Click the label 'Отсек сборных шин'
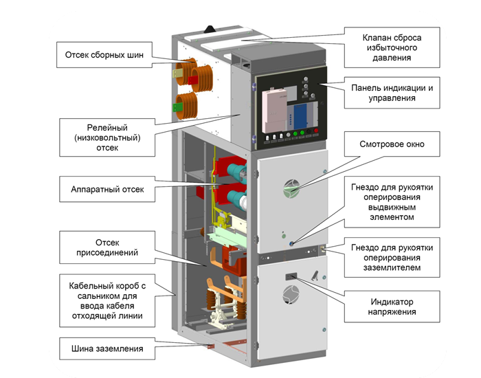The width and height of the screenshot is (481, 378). coord(104,55)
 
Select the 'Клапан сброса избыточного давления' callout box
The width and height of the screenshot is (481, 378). coord(392,47)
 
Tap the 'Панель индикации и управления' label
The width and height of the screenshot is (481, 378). coord(392,93)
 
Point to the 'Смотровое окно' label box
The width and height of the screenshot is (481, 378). coord(392,144)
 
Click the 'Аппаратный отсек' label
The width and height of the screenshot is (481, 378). coord(107,189)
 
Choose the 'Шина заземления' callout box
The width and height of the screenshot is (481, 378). coord(107,349)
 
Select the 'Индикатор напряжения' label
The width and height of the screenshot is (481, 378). coord(392,307)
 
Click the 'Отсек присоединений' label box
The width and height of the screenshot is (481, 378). coord(107,247)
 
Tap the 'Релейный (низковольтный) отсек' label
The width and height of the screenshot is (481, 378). coord(107,137)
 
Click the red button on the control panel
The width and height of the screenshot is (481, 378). coord(315,131)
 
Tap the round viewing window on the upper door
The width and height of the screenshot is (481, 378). coord(291,189)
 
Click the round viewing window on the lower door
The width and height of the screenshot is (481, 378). coord(291,295)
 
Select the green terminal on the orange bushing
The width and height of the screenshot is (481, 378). coord(177,107)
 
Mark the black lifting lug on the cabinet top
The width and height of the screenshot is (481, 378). coord(210,29)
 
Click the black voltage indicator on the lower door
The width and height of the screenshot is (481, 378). coord(291,277)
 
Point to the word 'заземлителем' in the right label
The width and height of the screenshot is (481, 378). coord(392,267)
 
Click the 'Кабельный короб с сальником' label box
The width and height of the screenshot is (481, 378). coord(107,301)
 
